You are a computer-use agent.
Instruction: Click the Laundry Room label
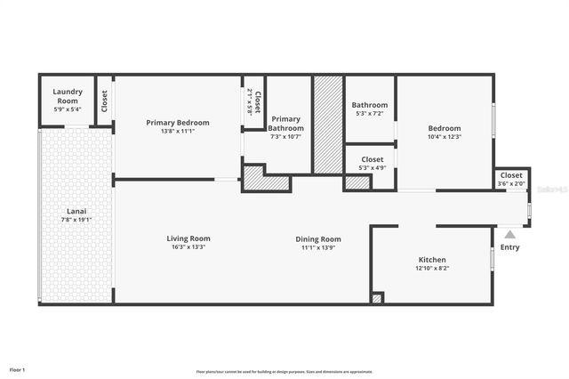pyautogui.click(x=68, y=96)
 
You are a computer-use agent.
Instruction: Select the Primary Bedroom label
pyautogui.click(x=179, y=122)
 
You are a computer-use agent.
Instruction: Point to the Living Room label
pyautogui.click(x=188, y=238)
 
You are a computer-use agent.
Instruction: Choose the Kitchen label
pyautogui.click(x=433, y=260)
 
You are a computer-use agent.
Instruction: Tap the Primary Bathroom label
pyautogui.click(x=285, y=124)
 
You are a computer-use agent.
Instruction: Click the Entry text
pyautogui.click(x=509, y=247)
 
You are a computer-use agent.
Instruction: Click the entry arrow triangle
pyautogui.click(x=509, y=235)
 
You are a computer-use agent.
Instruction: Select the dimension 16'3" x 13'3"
pyautogui.click(x=188, y=247)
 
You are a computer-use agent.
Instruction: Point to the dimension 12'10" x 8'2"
pyautogui.click(x=433, y=268)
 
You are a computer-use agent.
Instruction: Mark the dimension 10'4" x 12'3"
pyautogui.click(x=445, y=136)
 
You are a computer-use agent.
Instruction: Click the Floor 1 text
pyautogui.click(x=18, y=369)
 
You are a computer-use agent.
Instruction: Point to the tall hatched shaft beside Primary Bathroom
pyautogui.click(x=327, y=125)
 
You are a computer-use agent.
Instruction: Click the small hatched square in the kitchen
pyautogui.click(x=377, y=298)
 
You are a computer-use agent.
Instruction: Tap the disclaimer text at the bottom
pyautogui.click(x=284, y=372)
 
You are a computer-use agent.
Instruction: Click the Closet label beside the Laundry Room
pyautogui.click(x=104, y=101)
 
